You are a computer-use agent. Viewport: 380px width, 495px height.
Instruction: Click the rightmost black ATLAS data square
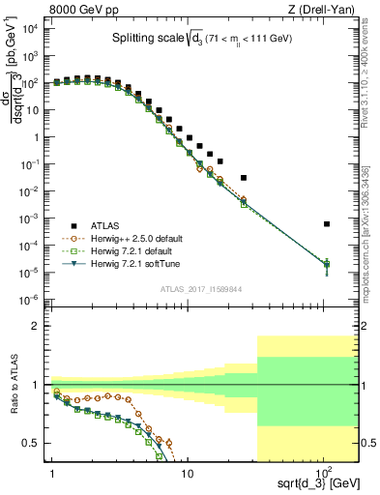(x=327, y=224)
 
